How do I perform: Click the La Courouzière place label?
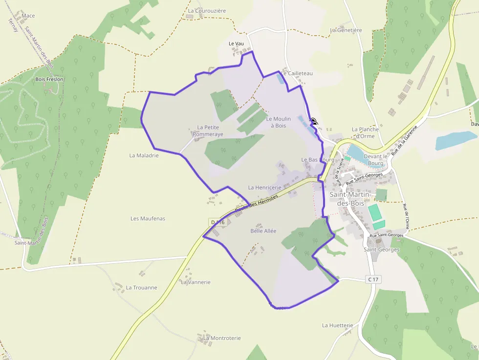207,10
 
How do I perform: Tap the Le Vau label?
236,43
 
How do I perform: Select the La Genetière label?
346,30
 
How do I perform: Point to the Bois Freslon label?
49,79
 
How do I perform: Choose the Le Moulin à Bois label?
279,122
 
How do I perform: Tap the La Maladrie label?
144,155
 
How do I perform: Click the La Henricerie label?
264,187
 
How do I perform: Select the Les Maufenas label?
148,218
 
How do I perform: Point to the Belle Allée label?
263,231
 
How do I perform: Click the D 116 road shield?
217,222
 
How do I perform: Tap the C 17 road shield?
372,279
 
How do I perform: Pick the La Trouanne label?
141,288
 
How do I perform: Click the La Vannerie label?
196,282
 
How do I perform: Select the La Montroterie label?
222,338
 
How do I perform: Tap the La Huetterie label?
337,325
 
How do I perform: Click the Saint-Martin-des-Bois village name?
352,198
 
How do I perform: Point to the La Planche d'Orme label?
365,132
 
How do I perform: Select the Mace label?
28,16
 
